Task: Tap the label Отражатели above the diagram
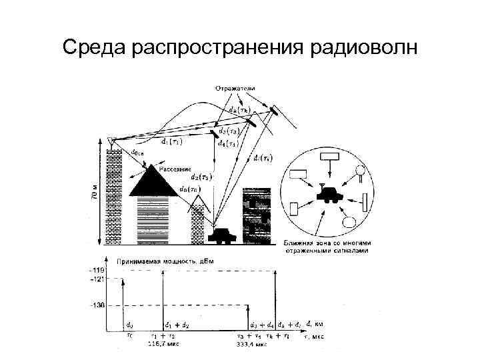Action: click(x=235, y=87)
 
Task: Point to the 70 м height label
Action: click(x=94, y=193)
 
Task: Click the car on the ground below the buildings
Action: click(x=220, y=235)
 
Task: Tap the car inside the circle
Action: click(x=329, y=193)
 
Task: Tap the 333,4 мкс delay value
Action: click(x=253, y=345)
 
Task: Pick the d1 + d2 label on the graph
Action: click(x=177, y=325)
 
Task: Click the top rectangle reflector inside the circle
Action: click(x=330, y=157)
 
